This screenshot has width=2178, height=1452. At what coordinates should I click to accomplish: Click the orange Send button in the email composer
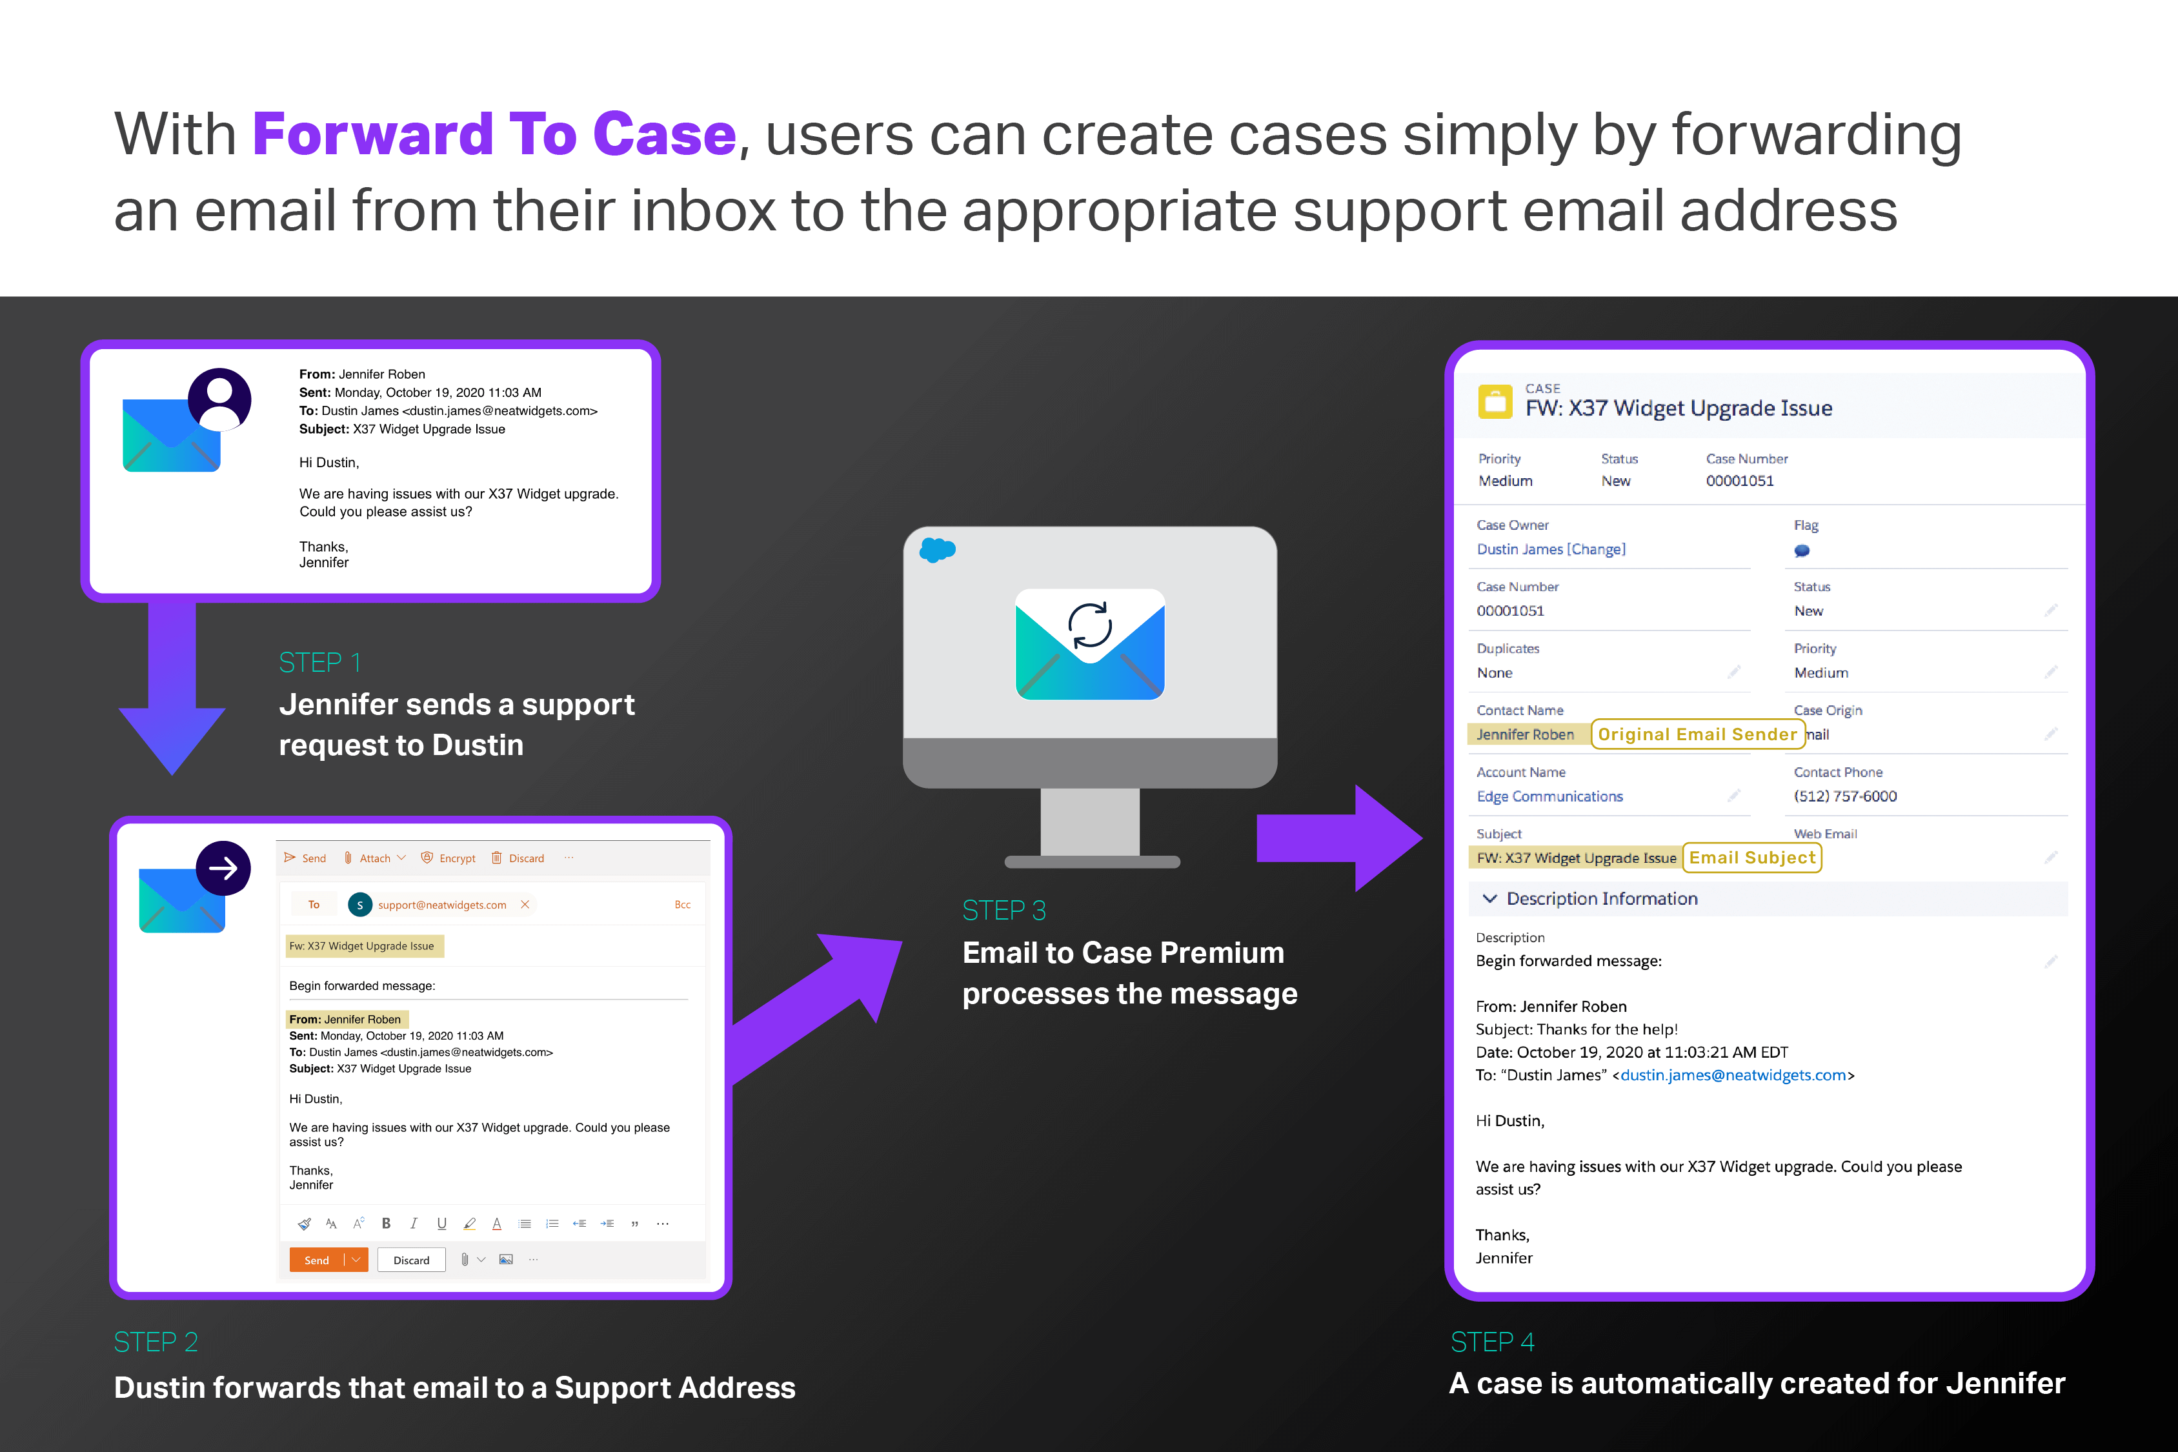coord(316,1260)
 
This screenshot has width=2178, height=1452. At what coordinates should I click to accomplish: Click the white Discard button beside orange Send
coord(411,1260)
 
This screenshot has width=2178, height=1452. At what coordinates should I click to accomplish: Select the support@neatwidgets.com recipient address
coord(441,905)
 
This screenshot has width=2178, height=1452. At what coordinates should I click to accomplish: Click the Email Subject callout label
coord(1751,858)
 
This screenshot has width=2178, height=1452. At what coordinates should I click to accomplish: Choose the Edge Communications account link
coord(1549,796)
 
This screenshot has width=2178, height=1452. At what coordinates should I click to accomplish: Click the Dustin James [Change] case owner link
coord(1550,549)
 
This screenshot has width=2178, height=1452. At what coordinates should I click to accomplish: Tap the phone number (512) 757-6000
coord(1844,796)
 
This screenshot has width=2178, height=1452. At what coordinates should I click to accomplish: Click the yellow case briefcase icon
coord(1495,402)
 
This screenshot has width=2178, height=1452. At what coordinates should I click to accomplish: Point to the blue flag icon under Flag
coord(1801,551)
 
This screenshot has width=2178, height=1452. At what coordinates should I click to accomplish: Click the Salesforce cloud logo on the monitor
coord(937,550)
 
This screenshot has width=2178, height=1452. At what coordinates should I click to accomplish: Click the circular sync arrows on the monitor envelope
coord(1090,625)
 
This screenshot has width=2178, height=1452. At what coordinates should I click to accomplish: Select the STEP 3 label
coord(1003,911)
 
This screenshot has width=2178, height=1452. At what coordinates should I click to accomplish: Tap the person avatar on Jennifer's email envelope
coord(219,399)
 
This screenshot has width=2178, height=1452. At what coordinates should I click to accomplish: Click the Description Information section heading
coord(1601,898)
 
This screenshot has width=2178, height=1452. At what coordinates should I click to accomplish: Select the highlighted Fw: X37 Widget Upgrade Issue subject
coord(362,945)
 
